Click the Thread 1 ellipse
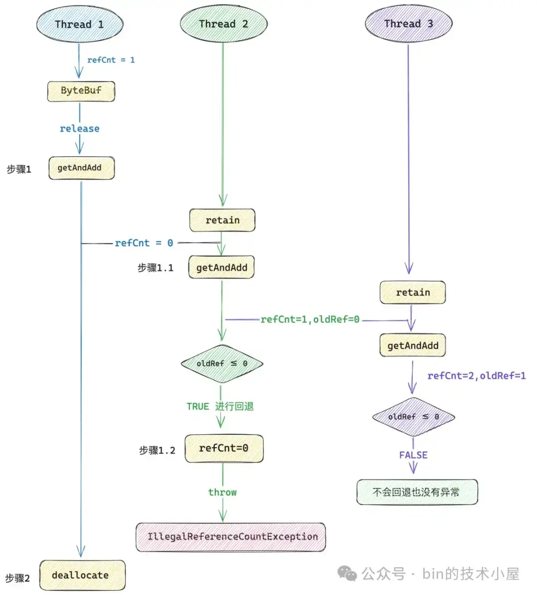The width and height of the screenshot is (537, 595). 80,24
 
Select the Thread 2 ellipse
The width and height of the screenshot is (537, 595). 223,24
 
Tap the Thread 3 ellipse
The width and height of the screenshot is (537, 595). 408,24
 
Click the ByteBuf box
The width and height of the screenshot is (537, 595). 81,91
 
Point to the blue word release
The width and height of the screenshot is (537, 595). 80,129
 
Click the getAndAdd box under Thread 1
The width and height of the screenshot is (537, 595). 82,168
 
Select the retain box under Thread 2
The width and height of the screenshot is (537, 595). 222,220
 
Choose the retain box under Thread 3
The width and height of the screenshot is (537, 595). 413,293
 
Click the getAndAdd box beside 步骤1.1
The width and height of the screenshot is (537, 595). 221,268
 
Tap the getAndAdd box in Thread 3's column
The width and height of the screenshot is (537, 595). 413,346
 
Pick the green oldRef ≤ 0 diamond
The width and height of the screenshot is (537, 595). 222,364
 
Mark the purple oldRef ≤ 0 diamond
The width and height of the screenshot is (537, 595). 413,417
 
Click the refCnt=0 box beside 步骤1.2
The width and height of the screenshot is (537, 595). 224,448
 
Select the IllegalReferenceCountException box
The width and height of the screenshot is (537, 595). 231,537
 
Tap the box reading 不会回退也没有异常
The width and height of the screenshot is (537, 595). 417,492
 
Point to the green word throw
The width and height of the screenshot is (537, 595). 222,493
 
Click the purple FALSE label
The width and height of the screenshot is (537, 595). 413,455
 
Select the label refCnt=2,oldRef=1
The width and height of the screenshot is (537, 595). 476,376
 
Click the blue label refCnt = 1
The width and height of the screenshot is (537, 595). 111,60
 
